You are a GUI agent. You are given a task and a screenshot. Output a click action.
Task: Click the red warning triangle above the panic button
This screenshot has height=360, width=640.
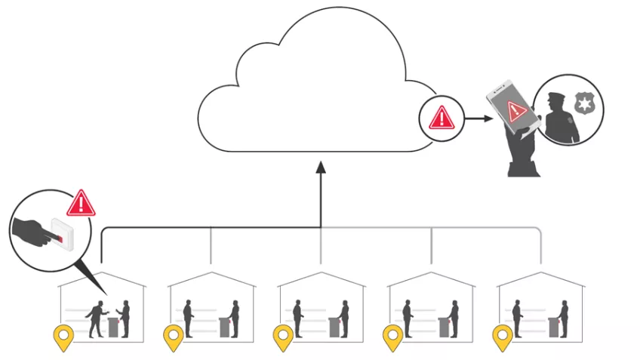82,203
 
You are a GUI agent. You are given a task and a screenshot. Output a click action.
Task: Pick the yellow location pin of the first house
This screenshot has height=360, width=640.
63,337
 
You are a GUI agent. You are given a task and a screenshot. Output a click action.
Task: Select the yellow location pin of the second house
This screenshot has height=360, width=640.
174,337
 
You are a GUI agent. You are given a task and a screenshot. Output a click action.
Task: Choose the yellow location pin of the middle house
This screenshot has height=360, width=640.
283,337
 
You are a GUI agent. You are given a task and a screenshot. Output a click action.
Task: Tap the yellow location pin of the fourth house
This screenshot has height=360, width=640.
392,337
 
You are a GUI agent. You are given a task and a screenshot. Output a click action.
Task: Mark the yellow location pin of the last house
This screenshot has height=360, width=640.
503,337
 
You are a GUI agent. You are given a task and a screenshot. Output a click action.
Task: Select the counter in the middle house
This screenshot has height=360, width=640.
334,326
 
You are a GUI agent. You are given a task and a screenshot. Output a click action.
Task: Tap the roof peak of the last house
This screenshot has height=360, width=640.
540,273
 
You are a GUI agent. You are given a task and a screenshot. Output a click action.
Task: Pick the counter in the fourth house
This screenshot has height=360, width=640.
444,326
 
